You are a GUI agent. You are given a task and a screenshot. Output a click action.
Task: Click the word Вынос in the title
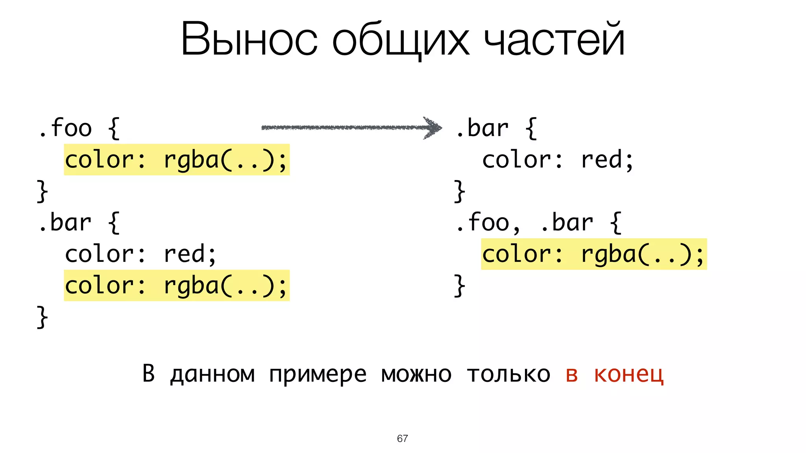249,39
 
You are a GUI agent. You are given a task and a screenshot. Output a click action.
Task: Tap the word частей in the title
554,39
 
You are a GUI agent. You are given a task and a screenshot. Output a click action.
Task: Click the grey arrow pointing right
351,127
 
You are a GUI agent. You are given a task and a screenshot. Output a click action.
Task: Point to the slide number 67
402,438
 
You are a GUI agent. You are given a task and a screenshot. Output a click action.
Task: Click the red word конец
629,374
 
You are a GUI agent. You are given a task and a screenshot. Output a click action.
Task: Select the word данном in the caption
213,374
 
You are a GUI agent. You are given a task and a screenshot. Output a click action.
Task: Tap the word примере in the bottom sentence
318,374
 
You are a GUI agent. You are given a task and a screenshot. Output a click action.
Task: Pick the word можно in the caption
416,374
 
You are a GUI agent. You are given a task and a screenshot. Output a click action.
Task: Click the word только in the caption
508,374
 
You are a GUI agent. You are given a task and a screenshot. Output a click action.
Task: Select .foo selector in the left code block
65,128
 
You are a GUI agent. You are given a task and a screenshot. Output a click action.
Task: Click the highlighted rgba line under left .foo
176,160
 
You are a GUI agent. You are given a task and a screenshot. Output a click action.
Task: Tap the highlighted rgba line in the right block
593,254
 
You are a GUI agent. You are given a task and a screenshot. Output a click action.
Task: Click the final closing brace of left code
42,317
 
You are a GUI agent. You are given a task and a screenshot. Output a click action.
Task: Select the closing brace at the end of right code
459,285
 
